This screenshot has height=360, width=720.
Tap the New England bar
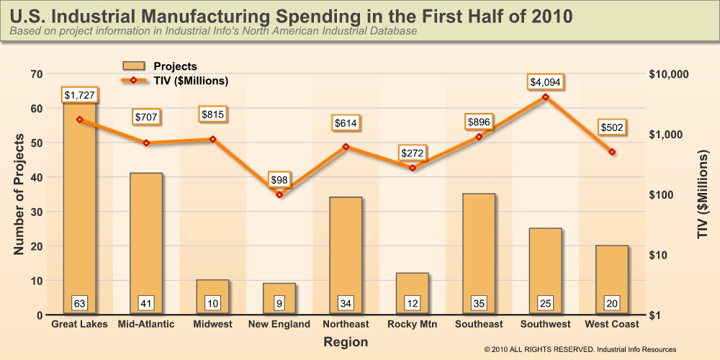(x=279, y=299)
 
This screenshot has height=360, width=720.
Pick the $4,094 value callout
(x=545, y=82)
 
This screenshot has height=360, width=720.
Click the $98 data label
(x=279, y=179)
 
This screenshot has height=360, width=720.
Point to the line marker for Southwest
(x=545, y=96)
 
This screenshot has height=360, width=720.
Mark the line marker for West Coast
(x=612, y=152)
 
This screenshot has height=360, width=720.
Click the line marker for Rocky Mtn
(x=413, y=168)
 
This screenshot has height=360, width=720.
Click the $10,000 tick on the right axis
(x=669, y=74)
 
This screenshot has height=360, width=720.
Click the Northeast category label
(x=346, y=325)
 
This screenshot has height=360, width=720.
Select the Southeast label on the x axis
(x=479, y=325)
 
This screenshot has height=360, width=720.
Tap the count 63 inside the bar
(x=79, y=302)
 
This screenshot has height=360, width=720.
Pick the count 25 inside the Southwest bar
(x=545, y=302)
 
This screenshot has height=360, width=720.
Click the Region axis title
(x=346, y=342)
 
